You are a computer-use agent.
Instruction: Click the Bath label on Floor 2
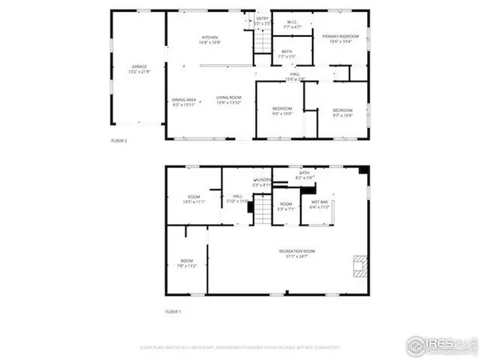286,54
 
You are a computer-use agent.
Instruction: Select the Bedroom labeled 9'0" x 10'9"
282,110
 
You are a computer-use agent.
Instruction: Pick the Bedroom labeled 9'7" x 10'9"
343,111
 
